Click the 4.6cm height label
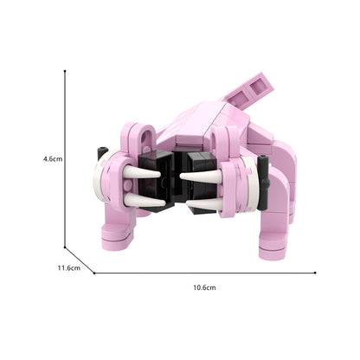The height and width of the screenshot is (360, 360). click(x=53, y=158)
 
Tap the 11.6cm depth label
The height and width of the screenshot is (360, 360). click(x=69, y=267)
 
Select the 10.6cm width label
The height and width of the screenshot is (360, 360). click(x=204, y=287)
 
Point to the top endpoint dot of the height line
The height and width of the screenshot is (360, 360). click(x=65, y=71)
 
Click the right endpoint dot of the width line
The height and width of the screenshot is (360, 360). click(x=315, y=273)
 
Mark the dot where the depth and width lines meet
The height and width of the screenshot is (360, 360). click(x=94, y=273)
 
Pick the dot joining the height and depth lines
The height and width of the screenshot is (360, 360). click(x=65, y=247)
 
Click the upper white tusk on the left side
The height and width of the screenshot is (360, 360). click(x=141, y=172)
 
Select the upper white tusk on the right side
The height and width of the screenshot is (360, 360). click(x=201, y=175)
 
